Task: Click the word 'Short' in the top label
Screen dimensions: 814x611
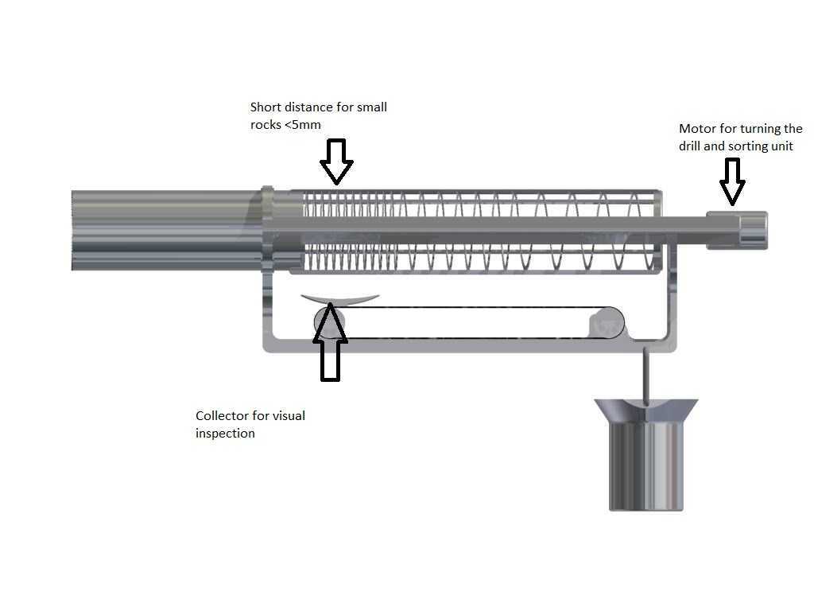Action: pos(265,107)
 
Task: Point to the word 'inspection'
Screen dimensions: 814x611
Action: pos(225,434)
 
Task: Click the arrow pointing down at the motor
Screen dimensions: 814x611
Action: pos(732,182)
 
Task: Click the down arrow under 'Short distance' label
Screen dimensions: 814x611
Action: pos(336,162)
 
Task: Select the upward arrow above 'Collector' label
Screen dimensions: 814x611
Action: pos(330,341)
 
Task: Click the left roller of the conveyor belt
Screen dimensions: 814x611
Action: pos(329,323)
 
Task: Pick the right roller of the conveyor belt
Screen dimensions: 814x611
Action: pos(608,323)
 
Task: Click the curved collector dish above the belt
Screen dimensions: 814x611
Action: pos(340,300)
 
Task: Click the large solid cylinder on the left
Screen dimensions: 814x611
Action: pos(166,230)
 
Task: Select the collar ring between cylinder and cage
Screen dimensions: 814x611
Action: pos(267,228)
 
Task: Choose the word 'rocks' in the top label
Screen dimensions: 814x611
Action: pos(266,125)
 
